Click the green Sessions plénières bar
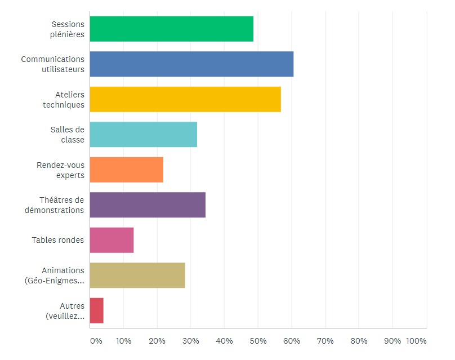click(171, 29)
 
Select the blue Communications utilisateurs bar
click(191, 64)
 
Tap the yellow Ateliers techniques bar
click(185, 99)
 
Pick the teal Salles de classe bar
click(143, 135)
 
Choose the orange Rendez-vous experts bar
click(126, 170)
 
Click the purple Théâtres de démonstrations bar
click(148, 205)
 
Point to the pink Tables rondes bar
click(111, 240)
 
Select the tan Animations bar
click(137, 275)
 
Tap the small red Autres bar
click(96, 310)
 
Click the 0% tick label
click(96, 341)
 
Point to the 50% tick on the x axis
click(258, 341)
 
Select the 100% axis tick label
click(416, 341)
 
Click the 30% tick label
click(190, 341)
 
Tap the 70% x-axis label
click(325, 341)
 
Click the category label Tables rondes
click(58, 240)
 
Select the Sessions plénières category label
click(67, 29)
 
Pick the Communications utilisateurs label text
click(53, 64)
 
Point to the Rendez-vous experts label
click(60, 170)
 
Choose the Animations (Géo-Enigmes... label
click(55, 275)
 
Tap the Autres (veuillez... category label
click(65, 311)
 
